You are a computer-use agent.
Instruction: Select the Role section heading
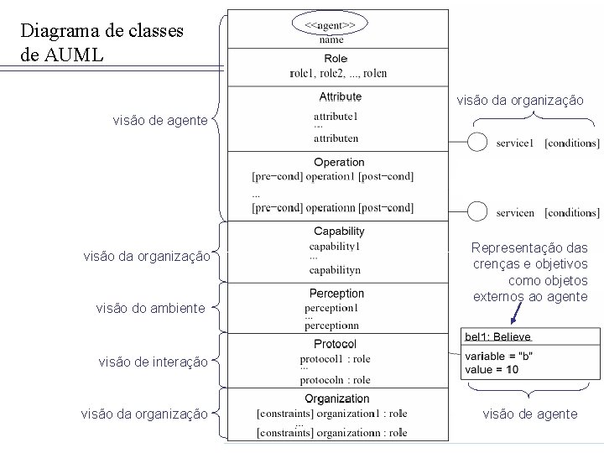tap(336, 59)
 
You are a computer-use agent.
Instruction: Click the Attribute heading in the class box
tap(340, 97)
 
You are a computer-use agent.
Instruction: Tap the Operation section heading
tap(339, 162)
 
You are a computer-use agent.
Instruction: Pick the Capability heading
tap(339, 232)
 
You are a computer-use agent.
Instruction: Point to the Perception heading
tap(336, 294)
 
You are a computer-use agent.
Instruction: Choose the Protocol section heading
tap(335, 344)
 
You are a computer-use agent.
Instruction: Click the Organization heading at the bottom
tap(336, 398)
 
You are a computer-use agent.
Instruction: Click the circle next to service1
tap(477, 143)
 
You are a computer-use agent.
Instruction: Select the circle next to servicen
tap(477, 211)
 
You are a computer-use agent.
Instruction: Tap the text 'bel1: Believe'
tap(497, 336)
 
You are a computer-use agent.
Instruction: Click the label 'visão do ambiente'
tap(150, 308)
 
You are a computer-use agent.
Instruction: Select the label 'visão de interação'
tap(154, 362)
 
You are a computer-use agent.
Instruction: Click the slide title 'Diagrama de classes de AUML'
tap(102, 43)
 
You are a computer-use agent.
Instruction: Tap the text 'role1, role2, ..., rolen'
tap(338, 74)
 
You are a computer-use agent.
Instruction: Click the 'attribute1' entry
tap(336, 116)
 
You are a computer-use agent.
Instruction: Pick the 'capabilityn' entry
tap(335, 270)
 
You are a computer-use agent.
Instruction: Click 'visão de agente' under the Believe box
tap(530, 414)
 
